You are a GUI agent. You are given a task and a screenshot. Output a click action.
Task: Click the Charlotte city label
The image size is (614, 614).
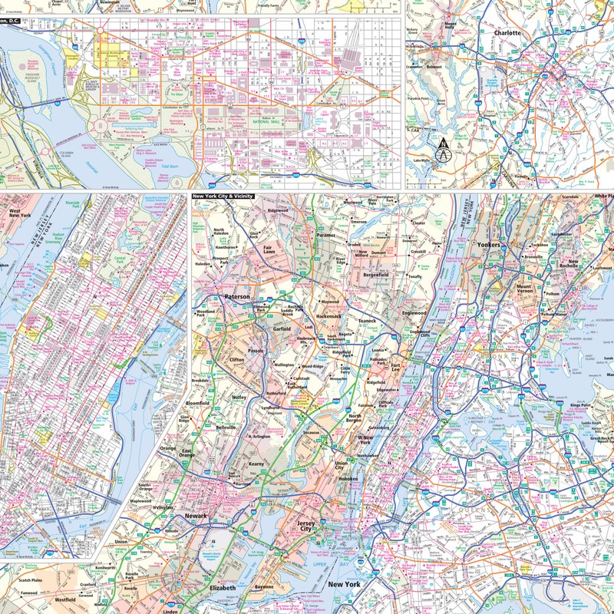coord(507,34)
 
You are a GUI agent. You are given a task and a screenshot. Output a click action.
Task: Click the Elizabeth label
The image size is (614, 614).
coord(222,588)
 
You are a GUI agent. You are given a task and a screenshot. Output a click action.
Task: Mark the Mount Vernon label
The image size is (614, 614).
coord(529,291)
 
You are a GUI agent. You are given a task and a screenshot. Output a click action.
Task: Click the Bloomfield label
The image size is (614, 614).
coord(199,401)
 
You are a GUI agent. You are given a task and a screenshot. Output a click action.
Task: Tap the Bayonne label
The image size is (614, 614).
coord(264,587)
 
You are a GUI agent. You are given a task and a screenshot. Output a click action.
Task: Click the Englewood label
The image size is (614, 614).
coord(413,313)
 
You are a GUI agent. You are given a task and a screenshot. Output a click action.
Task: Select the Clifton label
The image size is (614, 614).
coord(236,359)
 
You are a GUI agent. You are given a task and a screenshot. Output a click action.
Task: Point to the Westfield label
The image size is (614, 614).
coord(64,599)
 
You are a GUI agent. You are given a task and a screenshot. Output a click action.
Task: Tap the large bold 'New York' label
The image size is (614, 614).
coord(344,586)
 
